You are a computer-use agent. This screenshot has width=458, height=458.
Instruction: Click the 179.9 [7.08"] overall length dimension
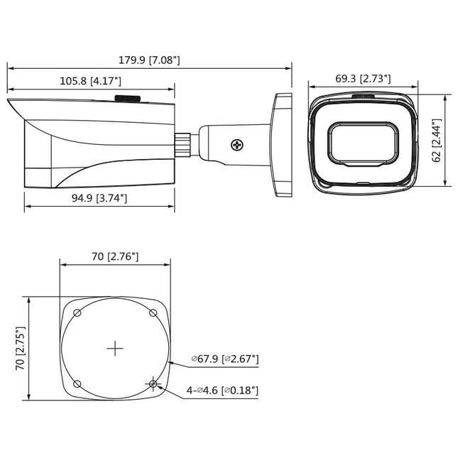(x=150, y=60)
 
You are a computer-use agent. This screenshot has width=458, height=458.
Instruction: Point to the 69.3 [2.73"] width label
(x=362, y=79)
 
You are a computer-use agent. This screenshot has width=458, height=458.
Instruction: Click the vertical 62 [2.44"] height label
(x=437, y=141)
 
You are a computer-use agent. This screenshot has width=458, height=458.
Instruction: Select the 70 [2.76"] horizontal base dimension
(x=114, y=256)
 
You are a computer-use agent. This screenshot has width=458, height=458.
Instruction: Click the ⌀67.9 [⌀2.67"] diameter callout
(x=224, y=359)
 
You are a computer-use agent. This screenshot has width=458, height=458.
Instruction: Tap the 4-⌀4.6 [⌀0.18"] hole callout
(x=222, y=390)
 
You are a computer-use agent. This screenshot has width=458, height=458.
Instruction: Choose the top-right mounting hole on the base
(x=152, y=312)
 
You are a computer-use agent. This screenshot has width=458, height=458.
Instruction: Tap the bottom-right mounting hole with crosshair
(x=153, y=384)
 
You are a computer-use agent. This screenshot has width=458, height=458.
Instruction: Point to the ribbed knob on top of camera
(x=129, y=99)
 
